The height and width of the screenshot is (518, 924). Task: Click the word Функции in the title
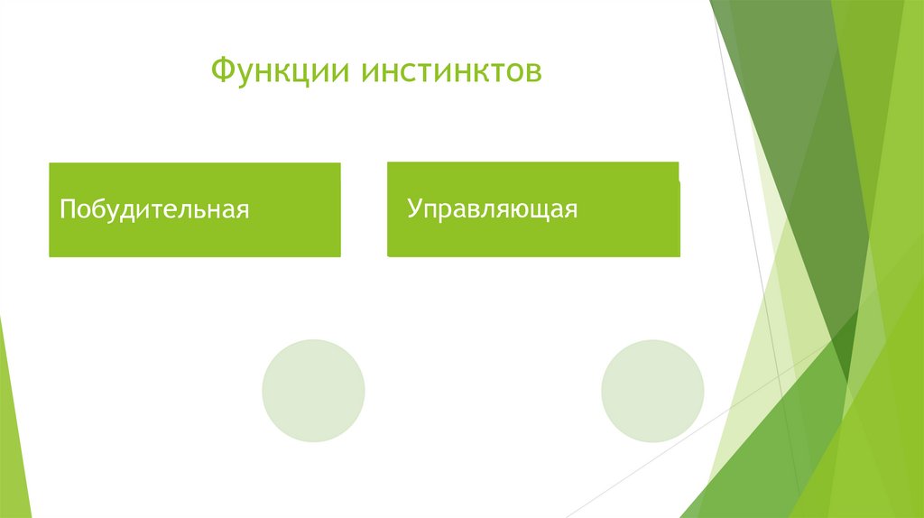[281, 70]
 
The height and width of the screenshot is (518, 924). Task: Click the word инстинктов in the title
[453, 70]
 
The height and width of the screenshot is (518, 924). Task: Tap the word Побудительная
[154, 210]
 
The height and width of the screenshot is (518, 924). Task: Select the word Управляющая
[492, 209]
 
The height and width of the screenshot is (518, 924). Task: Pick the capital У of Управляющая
[413, 209]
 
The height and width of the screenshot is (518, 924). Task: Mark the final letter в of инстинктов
[534, 72]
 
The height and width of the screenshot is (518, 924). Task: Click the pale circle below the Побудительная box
[313, 391]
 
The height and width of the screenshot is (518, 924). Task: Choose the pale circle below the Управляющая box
[652, 391]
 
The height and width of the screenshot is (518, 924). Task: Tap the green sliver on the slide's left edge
[13, 424]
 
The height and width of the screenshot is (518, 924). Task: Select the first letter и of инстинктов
[373, 72]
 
